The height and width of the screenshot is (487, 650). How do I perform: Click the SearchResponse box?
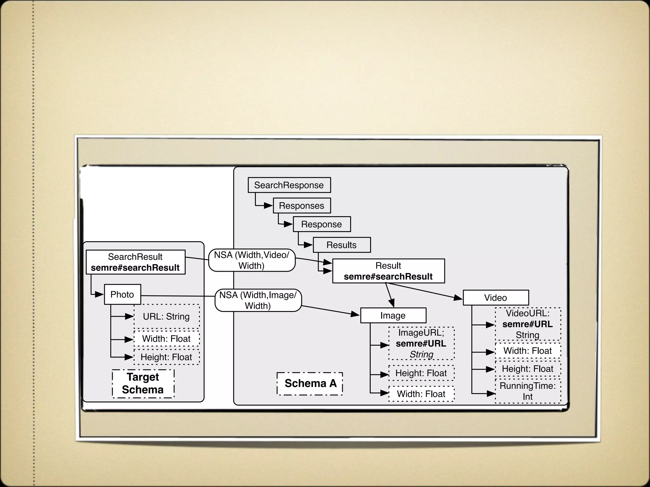(x=289, y=185)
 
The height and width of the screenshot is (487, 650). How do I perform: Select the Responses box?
(x=302, y=206)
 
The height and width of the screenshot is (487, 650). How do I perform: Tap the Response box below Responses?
(x=322, y=224)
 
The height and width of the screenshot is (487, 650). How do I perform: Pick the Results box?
(x=342, y=245)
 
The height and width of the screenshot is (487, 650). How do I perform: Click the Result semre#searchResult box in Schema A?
(x=388, y=271)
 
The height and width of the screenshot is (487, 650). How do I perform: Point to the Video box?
(x=495, y=298)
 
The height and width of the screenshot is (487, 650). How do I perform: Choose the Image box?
(x=393, y=315)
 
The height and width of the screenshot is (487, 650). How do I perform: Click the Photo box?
(x=122, y=295)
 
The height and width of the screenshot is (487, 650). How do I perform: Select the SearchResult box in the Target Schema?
(x=136, y=262)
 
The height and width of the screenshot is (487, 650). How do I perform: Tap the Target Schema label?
(x=143, y=383)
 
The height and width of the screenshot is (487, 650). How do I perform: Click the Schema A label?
(x=310, y=384)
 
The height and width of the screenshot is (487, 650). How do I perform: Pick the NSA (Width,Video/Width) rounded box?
(x=252, y=260)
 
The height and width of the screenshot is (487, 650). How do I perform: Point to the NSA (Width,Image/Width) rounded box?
(x=258, y=300)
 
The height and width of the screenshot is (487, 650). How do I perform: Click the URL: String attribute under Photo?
(x=166, y=316)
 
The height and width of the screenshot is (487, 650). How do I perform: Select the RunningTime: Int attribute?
(x=527, y=391)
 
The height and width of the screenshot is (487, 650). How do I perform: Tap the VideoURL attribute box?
(x=527, y=324)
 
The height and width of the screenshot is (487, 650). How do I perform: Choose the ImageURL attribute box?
(x=421, y=343)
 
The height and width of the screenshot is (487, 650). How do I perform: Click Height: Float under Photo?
(x=166, y=357)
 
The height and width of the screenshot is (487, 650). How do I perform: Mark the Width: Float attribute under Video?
(x=527, y=351)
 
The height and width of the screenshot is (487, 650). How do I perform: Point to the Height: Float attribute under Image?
(x=421, y=373)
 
